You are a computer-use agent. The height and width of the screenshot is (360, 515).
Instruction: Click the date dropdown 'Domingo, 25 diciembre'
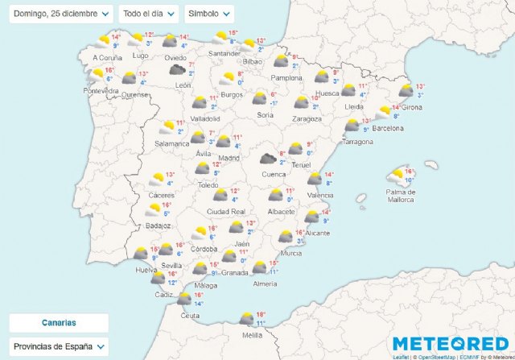pos(61,14)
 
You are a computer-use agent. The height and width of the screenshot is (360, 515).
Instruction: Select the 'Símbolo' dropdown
pos(209,14)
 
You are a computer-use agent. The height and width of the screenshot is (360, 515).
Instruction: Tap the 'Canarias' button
pos(59,322)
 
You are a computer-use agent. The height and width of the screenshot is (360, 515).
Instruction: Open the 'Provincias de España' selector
pos(59,346)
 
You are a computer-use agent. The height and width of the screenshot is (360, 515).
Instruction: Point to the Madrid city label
pos(229,158)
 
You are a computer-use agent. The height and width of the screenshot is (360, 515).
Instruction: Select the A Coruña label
pos(107,58)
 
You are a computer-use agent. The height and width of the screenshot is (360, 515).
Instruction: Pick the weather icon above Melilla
pos(246,319)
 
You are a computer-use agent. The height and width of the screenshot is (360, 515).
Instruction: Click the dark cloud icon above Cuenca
pos(267,159)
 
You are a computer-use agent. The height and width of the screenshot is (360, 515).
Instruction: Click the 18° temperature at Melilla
pos(261,314)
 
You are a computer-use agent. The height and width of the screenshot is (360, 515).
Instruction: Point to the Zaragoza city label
pos(307,118)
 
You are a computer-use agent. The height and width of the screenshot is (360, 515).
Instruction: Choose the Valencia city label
pos(319,195)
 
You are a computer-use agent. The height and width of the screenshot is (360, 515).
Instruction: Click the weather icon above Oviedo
pos(170,41)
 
